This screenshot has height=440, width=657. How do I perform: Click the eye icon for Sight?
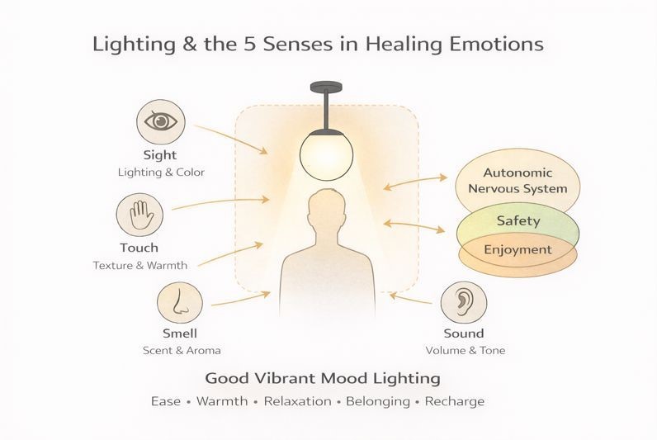pyautogui.click(x=160, y=121)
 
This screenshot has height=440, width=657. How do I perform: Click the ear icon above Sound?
pyautogui.click(x=465, y=302)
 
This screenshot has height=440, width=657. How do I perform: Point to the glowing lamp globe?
pyautogui.click(x=326, y=152)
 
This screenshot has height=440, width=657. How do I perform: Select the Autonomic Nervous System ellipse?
pyautogui.click(x=518, y=180)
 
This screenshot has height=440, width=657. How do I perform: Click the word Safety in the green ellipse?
pyautogui.click(x=518, y=220)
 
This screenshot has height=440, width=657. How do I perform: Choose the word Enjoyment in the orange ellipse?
pyautogui.click(x=518, y=249)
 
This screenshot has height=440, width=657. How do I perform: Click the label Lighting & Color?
pyautogui.click(x=160, y=173)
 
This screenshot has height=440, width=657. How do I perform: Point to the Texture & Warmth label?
pyautogui.click(x=139, y=266)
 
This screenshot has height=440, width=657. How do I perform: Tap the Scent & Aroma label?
pyautogui.click(x=181, y=351)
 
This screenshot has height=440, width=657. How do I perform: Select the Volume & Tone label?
pyautogui.click(x=465, y=351)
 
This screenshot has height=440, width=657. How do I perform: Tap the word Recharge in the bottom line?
pyautogui.click(x=456, y=402)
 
